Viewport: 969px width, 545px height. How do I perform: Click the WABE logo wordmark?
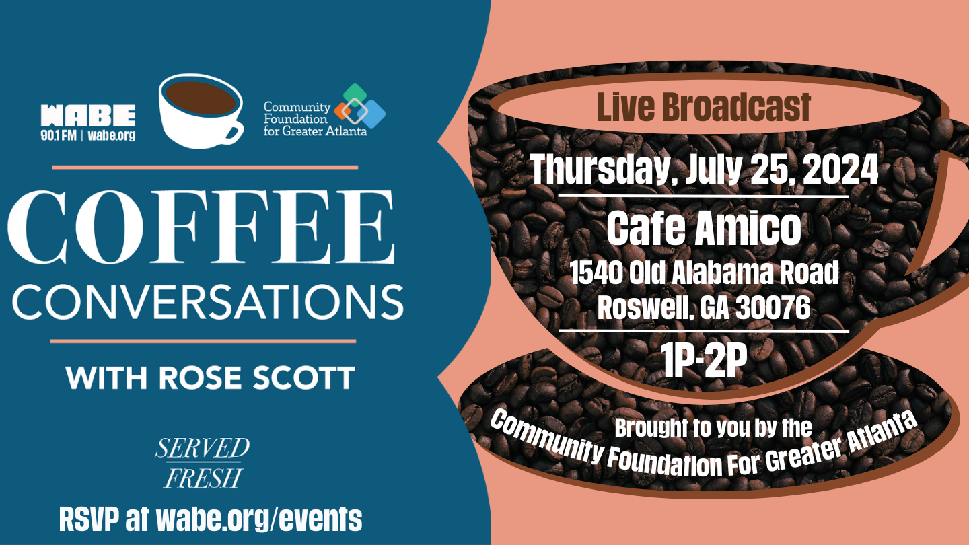[x=87, y=116]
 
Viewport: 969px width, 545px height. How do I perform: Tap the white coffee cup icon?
[x=201, y=111]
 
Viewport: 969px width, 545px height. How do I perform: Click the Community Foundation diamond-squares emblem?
[x=360, y=106]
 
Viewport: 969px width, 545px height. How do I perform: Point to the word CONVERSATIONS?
[x=208, y=302]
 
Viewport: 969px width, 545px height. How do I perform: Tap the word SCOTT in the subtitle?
[x=303, y=377]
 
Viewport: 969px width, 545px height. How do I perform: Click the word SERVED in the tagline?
[x=202, y=447]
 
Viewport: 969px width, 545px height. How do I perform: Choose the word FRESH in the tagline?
[x=203, y=478]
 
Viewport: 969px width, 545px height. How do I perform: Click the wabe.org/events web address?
[x=258, y=519]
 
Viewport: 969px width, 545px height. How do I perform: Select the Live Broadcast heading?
[x=703, y=107]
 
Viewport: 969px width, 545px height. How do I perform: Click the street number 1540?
[x=597, y=272]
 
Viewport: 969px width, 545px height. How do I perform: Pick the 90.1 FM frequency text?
[x=59, y=135]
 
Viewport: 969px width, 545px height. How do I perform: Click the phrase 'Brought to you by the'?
[x=713, y=428]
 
